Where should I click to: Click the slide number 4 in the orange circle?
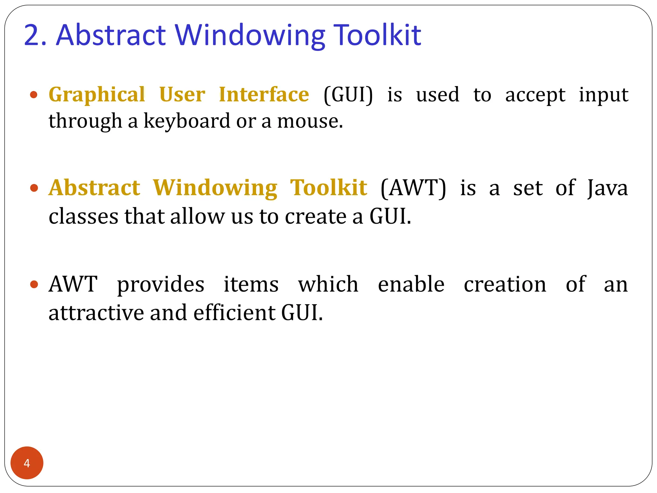[27, 463]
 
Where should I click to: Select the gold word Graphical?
[97, 95]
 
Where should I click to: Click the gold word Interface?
[264, 94]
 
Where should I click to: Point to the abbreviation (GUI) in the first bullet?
[348, 95]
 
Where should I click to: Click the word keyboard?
[187, 121]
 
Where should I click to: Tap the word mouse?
[310, 122]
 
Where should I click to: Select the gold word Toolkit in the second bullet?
[328, 188]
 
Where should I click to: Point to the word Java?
[607, 188]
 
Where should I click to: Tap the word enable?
[411, 284]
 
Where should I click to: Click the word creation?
[505, 284]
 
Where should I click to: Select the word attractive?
[96, 313]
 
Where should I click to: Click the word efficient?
[234, 313]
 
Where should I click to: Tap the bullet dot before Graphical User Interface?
[34, 95]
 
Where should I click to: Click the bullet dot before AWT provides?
[34, 284]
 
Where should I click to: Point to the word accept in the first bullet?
[535, 96]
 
